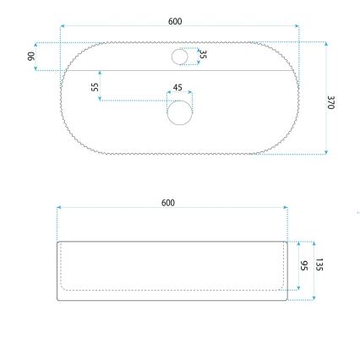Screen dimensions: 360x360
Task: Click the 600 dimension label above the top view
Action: point(175,21)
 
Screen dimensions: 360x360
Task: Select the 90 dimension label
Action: point(31,56)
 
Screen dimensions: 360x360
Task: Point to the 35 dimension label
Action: point(203,55)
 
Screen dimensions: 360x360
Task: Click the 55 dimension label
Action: point(95,87)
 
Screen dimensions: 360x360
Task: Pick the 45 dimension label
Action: point(177,87)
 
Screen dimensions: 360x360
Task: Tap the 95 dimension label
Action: point(304,265)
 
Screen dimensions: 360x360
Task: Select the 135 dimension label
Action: point(319,265)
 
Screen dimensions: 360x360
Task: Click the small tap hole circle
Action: point(180,57)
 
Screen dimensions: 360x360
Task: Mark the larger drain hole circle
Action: point(179,112)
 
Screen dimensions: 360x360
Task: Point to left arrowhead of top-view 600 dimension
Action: point(63,26)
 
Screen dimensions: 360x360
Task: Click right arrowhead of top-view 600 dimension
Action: point(297,26)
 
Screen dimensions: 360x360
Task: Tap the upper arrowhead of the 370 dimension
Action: point(325,42)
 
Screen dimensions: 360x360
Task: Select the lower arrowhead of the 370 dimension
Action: point(325,153)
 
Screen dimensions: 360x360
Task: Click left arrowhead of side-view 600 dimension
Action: point(58,208)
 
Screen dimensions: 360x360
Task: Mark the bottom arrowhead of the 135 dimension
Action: point(313,298)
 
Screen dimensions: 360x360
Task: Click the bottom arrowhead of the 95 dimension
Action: point(298,290)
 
